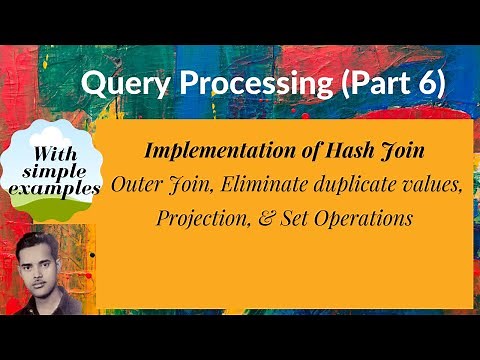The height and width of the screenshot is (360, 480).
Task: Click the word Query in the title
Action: click(x=116, y=86)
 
